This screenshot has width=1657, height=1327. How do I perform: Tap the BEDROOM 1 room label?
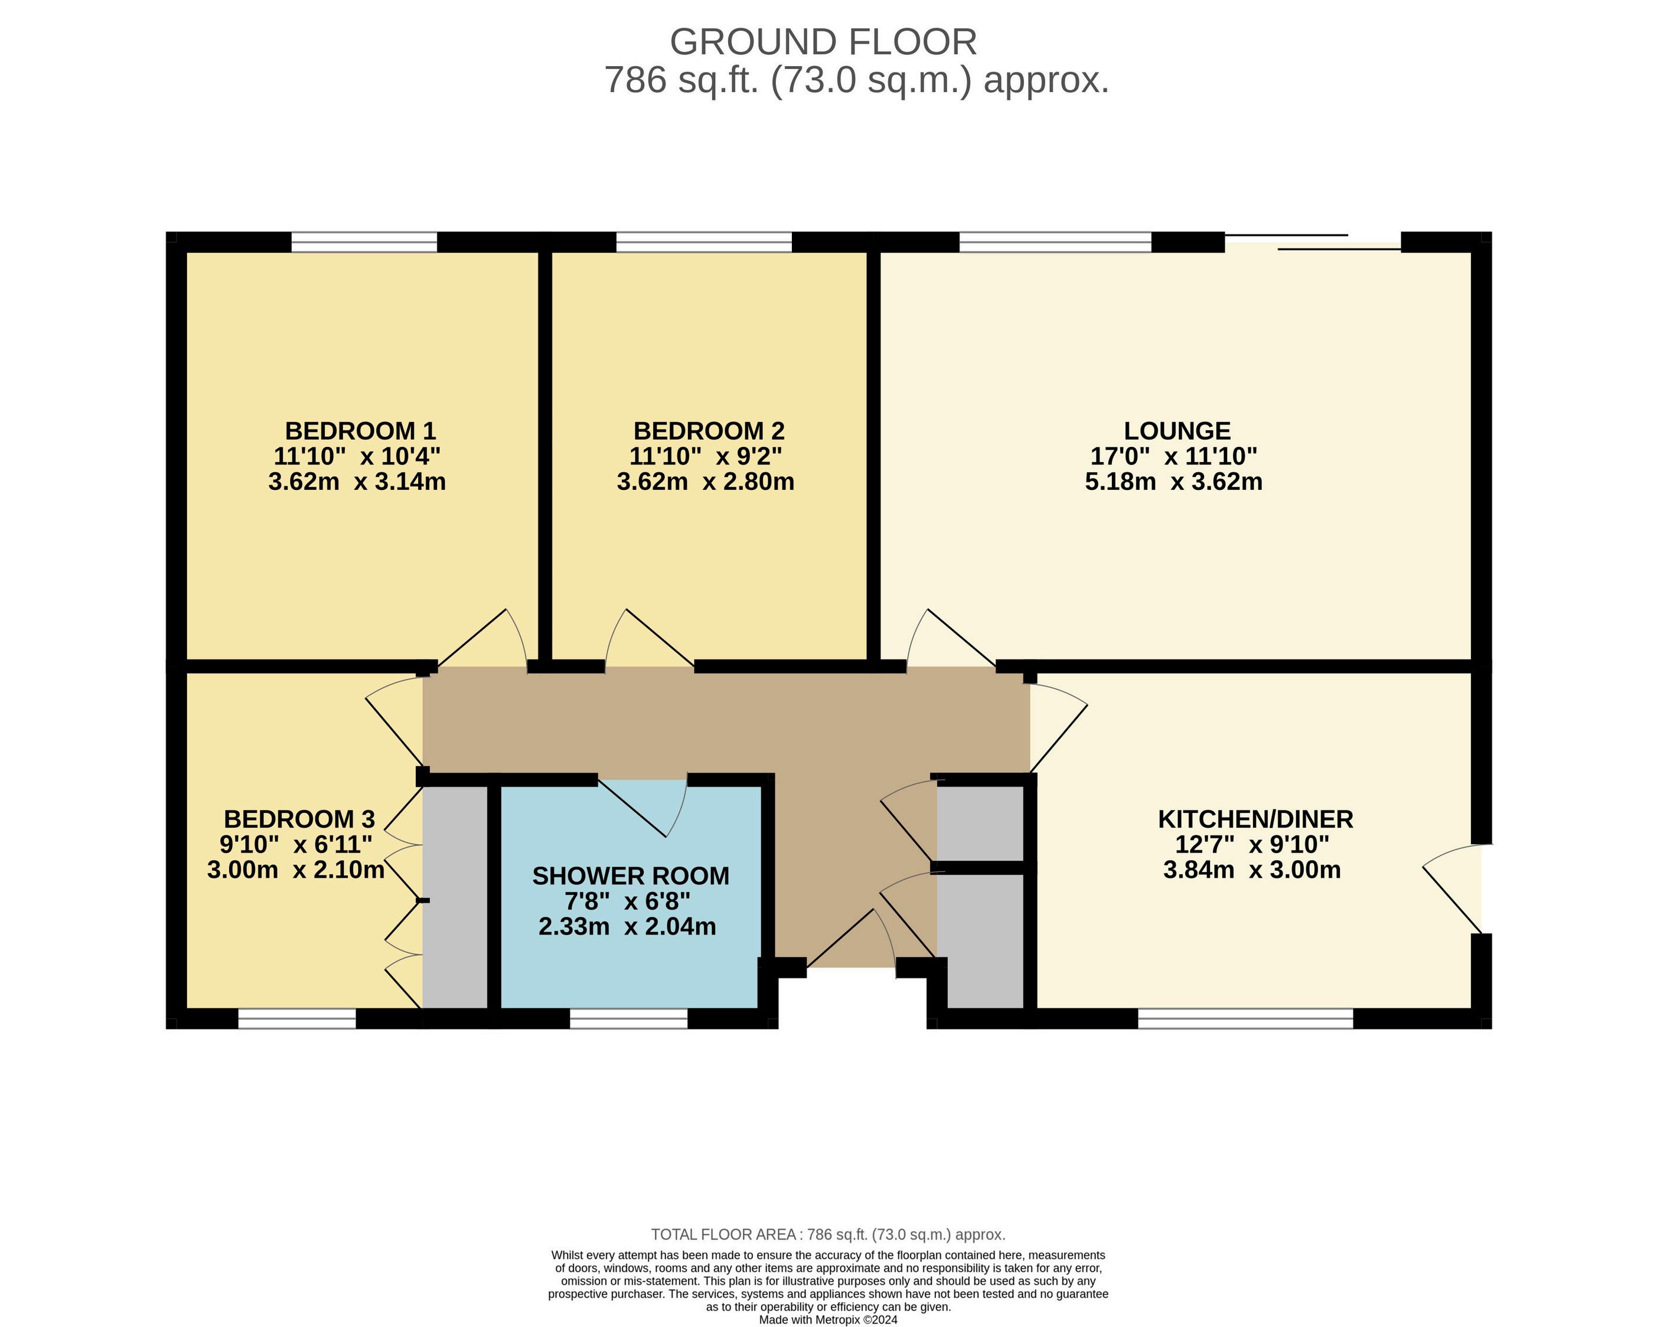360,430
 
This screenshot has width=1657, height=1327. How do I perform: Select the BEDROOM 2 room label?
709,430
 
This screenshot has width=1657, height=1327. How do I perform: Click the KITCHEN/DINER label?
1255,819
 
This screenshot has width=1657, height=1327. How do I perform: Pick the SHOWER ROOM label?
630,876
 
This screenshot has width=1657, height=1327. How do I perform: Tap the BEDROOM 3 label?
299,819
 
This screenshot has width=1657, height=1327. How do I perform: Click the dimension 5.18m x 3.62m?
1173,482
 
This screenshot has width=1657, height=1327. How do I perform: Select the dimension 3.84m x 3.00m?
1252,870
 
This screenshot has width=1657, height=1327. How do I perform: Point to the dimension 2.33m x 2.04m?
627,927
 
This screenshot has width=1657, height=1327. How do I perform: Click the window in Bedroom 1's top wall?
364,242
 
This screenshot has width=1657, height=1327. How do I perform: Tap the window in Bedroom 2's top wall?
704,242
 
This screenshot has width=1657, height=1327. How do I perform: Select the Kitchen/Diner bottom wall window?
1245,1018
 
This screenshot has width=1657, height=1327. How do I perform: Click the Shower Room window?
629,1018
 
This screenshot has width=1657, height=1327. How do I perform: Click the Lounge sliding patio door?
1313,242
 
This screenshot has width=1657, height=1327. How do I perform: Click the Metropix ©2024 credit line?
828,1319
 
